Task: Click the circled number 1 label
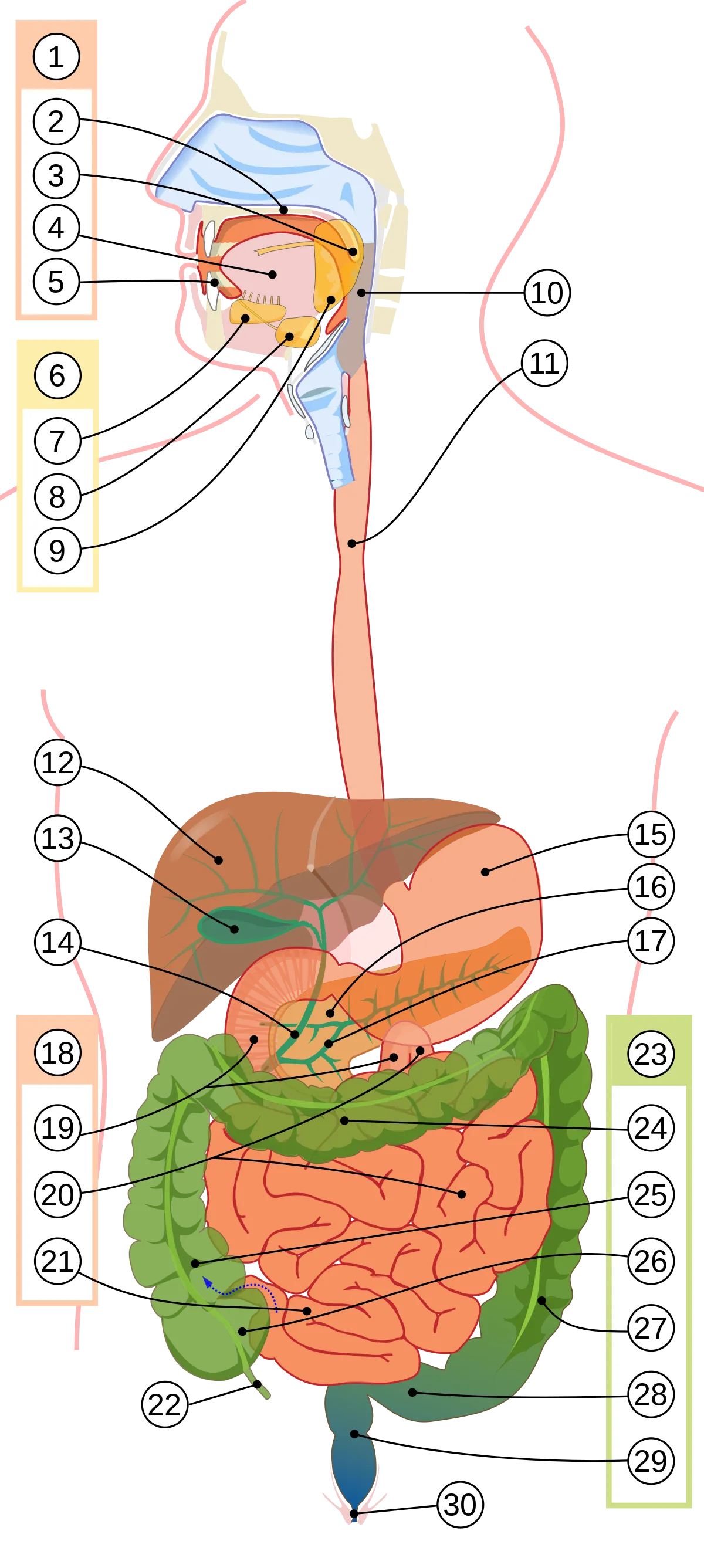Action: tap(56, 57)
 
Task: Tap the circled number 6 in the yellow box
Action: tap(57, 375)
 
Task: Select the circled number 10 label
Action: tap(547, 293)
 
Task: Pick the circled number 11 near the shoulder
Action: tap(544, 363)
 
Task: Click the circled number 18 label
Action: tap(57, 1053)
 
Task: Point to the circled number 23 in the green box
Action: tap(651, 1054)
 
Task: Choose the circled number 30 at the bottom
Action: tap(460, 1505)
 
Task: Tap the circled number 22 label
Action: tap(164, 1404)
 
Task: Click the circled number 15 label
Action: tap(651, 834)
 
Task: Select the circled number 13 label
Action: tap(57, 838)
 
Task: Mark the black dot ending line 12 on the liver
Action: tap(219, 860)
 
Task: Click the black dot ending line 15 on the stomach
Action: tap(485, 872)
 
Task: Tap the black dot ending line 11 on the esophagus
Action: tap(351, 544)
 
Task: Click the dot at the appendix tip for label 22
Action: tap(257, 1384)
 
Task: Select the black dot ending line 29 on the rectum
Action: tap(354, 1434)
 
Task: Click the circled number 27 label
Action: tap(651, 1328)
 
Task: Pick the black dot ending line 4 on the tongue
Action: tap(272, 275)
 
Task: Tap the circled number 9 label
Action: tap(57, 550)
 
